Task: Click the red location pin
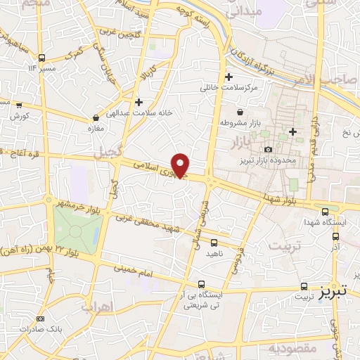[x=181, y=165]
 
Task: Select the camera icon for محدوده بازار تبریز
[x=268, y=149]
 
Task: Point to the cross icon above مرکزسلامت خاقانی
[x=229, y=77]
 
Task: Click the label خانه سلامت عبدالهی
[x=140, y=112]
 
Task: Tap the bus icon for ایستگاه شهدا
[x=325, y=211]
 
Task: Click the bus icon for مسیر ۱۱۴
[x=43, y=58]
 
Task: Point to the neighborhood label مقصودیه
[x=292, y=348]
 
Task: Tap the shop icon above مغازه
[x=96, y=117]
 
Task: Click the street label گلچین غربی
[x=136, y=34]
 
